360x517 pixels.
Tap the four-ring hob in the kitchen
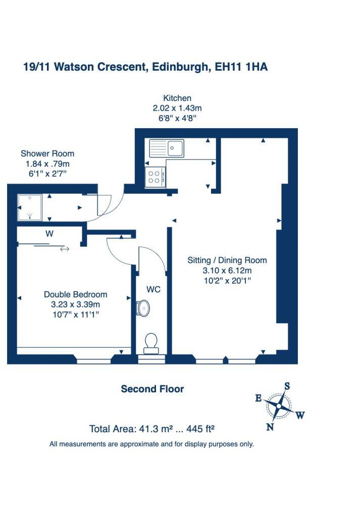(x=154, y=177)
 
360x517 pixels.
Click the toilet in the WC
(x=151, y=343)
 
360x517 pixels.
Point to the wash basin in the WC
(x=143, y=307)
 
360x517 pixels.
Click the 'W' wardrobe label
(x=49, y=234)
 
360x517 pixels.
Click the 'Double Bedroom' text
(x=75, y=294)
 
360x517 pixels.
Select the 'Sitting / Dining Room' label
(x=227, y=261)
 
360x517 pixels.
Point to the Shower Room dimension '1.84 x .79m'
(x=47, y=164)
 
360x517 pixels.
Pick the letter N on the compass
(x=270, y=427)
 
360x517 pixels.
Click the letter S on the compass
(x=287, y=386)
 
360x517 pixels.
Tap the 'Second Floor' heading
(x=152, y=389)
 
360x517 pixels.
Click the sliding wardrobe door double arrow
(x=65, y=248)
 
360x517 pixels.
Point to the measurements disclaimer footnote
(x=151, y=444)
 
